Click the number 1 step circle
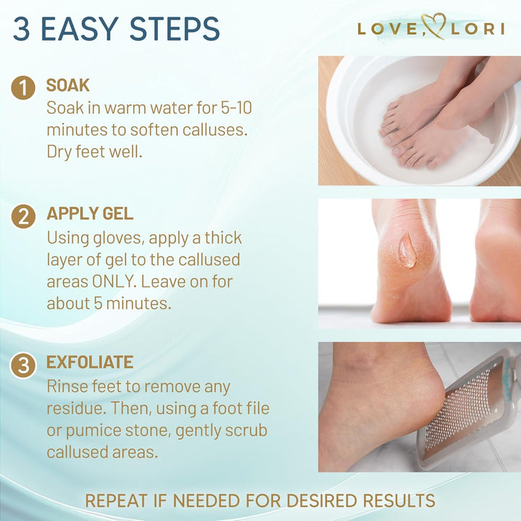pos(24,88)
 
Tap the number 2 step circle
pos(24,216)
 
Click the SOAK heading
pos(68,85)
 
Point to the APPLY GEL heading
pos(90,213)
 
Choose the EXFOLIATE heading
pos(90,363)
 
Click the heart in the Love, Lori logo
pos(433,28)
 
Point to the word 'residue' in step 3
pos(76,409)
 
